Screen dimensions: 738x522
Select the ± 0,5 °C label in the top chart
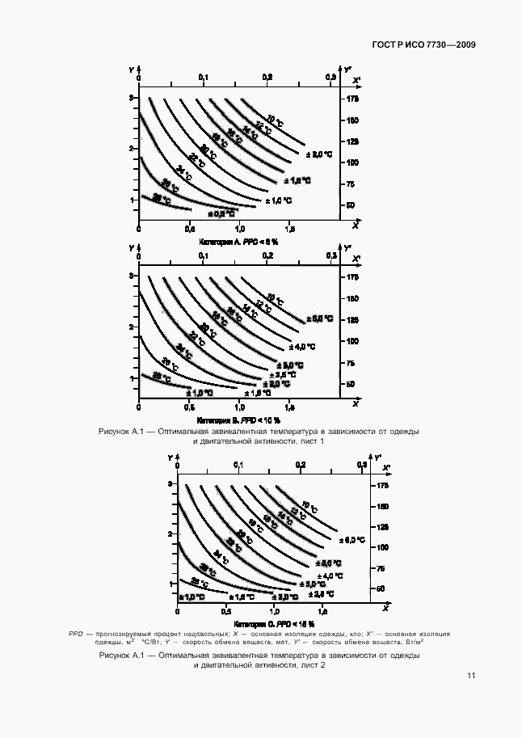coord(221,214)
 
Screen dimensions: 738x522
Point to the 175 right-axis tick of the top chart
coord(352,99)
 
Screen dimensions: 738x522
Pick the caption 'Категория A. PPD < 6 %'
coord(238,242)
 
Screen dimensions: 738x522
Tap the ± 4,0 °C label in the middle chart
coord(301,346)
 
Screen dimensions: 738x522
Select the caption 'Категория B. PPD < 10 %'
coord(238,420)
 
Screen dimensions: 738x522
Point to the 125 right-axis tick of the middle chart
coord(352,320)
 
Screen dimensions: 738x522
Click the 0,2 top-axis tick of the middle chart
coord(267,255)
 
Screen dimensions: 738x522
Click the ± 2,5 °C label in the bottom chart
coord(309,584)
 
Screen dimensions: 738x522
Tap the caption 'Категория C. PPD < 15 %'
coord(275,625)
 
